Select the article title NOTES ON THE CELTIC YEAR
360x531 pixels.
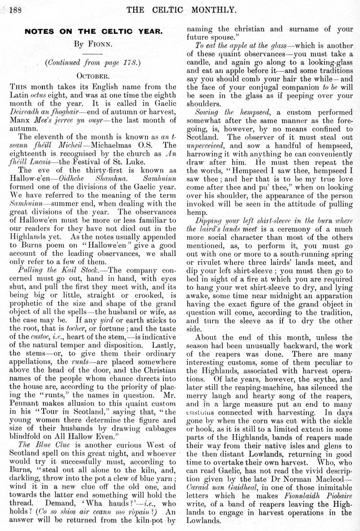click(93, 32)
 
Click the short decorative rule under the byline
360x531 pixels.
click(93, 54)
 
